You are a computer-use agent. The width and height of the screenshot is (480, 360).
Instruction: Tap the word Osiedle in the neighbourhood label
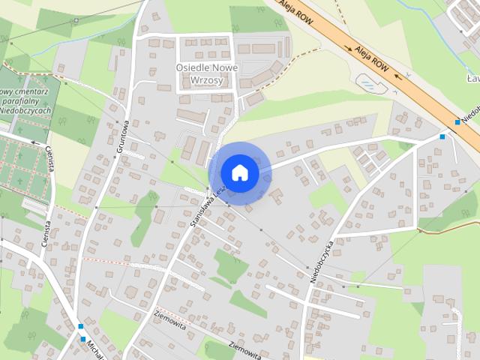coord(196,67)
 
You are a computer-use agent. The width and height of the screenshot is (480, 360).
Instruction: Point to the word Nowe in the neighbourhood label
coord(224,67)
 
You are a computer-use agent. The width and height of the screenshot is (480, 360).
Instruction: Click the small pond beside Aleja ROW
coord(369,82)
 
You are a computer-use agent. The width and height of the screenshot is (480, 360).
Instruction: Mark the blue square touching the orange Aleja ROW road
coord(457,122)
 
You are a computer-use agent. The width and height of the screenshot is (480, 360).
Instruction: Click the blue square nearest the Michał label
coord(81,326)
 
